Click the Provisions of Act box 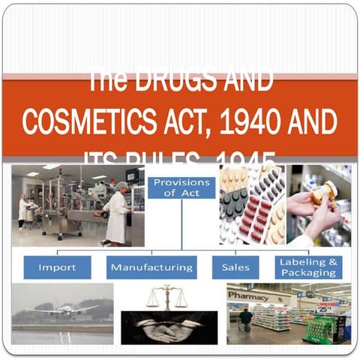(181, 186)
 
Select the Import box (57, 267)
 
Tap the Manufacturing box (151, 267)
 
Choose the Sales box (235, 267)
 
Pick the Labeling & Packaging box (308, 267)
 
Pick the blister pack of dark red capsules (253, 217)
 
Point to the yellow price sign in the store (324, 307)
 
